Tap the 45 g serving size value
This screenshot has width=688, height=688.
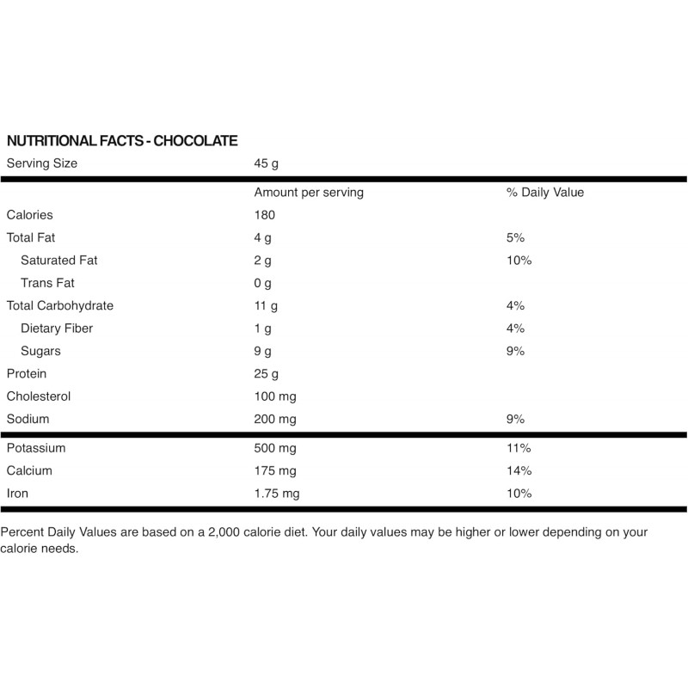point(267,163)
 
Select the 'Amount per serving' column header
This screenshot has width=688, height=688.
point(309,193)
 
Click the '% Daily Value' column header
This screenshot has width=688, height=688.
point(545,193)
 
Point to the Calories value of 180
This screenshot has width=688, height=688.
point(265,215)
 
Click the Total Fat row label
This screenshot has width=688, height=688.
point(31,237)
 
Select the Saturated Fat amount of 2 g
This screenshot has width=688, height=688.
point(262,261)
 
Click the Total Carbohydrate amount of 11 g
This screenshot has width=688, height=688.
point(265,305)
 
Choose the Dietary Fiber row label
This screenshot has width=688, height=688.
point(57,329)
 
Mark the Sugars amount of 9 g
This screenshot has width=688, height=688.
point(262,351)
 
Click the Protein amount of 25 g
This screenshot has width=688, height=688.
point(266,373)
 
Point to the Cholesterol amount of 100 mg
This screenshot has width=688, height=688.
point(275,396)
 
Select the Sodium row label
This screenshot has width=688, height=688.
point(28,419)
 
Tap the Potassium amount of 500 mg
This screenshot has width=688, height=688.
point(275,448)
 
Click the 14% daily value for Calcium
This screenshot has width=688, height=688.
point(519,470)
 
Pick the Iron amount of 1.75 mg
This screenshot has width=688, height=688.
point(277,494)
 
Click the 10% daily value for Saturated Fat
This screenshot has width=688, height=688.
point(519,261)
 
